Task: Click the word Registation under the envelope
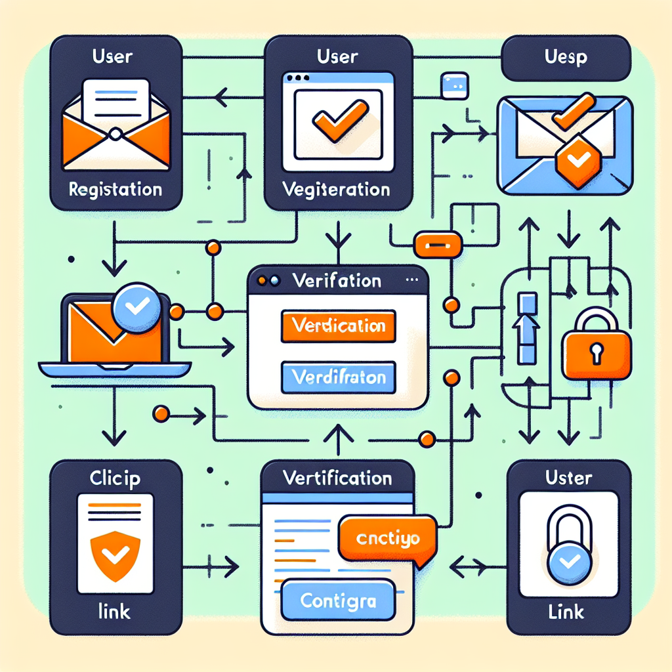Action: tap(115, 190)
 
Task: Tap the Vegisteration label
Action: tap(338, 190)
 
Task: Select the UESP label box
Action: tap(566, 57)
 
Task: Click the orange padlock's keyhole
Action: tap(597, 353)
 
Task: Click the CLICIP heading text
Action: tap(115, 479)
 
